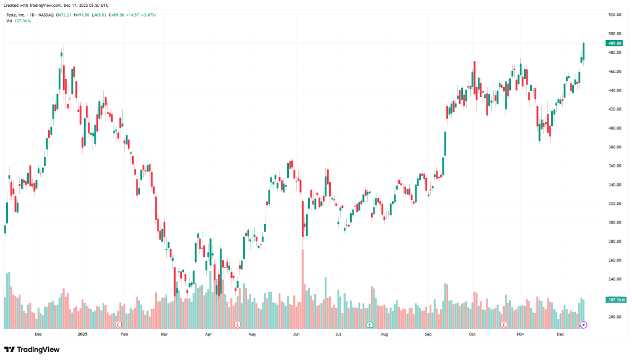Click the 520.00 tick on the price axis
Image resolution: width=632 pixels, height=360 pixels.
click(614, 14)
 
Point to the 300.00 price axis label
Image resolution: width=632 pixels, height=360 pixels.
click(614, 222)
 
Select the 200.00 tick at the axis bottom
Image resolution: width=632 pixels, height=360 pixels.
click(614, 317)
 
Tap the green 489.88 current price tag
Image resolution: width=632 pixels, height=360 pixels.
click(615, 43)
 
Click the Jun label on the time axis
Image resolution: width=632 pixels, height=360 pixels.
click(296, 334)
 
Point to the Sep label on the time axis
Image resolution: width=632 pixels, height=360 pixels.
click(426, 334)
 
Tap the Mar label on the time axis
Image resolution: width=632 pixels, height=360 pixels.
click(164, 334)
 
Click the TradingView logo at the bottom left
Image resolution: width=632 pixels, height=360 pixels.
click(32, 350)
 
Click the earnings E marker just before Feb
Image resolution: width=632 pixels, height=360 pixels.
click(117, 324)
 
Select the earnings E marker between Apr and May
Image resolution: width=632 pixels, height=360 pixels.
click(238, 324)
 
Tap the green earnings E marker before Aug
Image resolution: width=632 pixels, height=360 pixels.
click(370, 324)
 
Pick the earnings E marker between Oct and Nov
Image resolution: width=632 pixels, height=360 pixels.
click(504, 324)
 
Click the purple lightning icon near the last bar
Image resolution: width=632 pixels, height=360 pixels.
click(584, 324)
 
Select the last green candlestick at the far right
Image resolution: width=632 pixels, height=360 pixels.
click(584, 52)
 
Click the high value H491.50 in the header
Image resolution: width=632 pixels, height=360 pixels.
click(80, 14)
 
